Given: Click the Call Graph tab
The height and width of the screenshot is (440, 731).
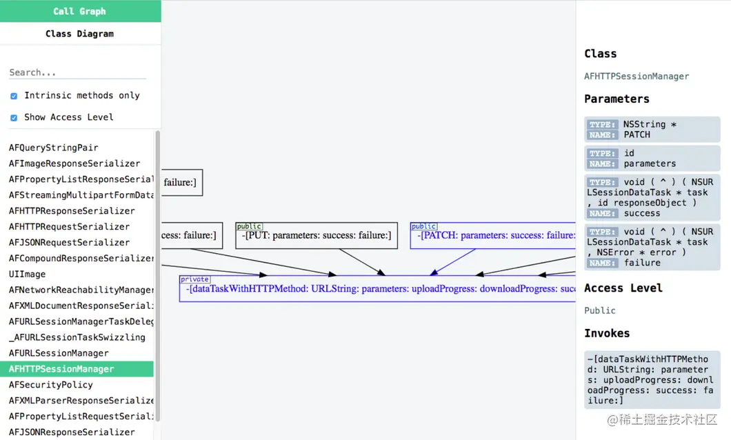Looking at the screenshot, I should [79, 11].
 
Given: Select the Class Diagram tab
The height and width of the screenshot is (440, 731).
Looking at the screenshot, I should [79, 33].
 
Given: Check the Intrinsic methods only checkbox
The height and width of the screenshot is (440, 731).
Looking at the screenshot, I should [14, 96].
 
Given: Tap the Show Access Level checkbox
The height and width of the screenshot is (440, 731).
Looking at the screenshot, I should [14, 117].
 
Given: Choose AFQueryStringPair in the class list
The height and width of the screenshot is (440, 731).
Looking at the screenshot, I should [54, 148].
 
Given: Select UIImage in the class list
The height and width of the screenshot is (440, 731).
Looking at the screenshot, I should [28, 274].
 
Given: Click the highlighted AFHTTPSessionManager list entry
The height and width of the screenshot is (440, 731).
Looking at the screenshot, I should [62, 369].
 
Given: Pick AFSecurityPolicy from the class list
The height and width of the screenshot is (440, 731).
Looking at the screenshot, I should [51, 385].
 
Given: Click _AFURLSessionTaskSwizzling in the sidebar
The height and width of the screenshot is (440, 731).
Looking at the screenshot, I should [77, 337].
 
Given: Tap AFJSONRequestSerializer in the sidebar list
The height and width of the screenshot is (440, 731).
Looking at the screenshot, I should [69, 242].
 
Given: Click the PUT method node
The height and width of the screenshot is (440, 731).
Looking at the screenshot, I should [317, 236].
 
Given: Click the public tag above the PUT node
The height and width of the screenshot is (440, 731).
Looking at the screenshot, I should [249, 226].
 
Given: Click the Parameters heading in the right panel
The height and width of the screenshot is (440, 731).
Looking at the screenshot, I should [617, 99].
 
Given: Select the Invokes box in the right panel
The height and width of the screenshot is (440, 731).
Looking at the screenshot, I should [652, 379].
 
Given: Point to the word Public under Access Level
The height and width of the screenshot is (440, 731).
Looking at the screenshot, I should [600, 310].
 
